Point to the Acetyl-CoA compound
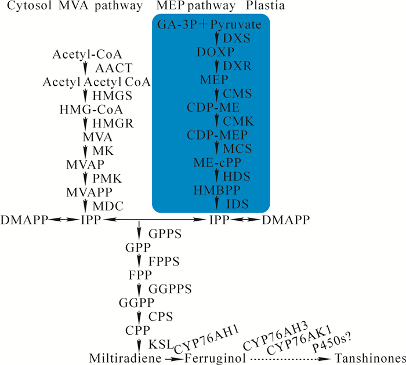86,55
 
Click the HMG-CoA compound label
86,110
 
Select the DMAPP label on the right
286,220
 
